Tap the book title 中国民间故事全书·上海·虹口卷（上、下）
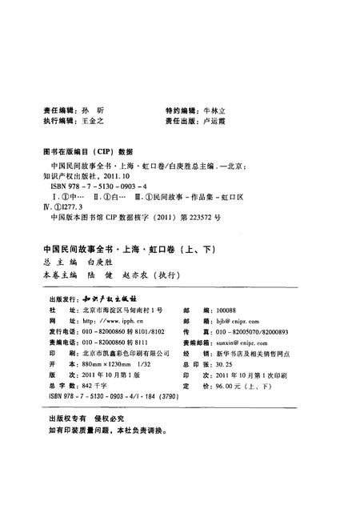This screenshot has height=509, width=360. (122, 249)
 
